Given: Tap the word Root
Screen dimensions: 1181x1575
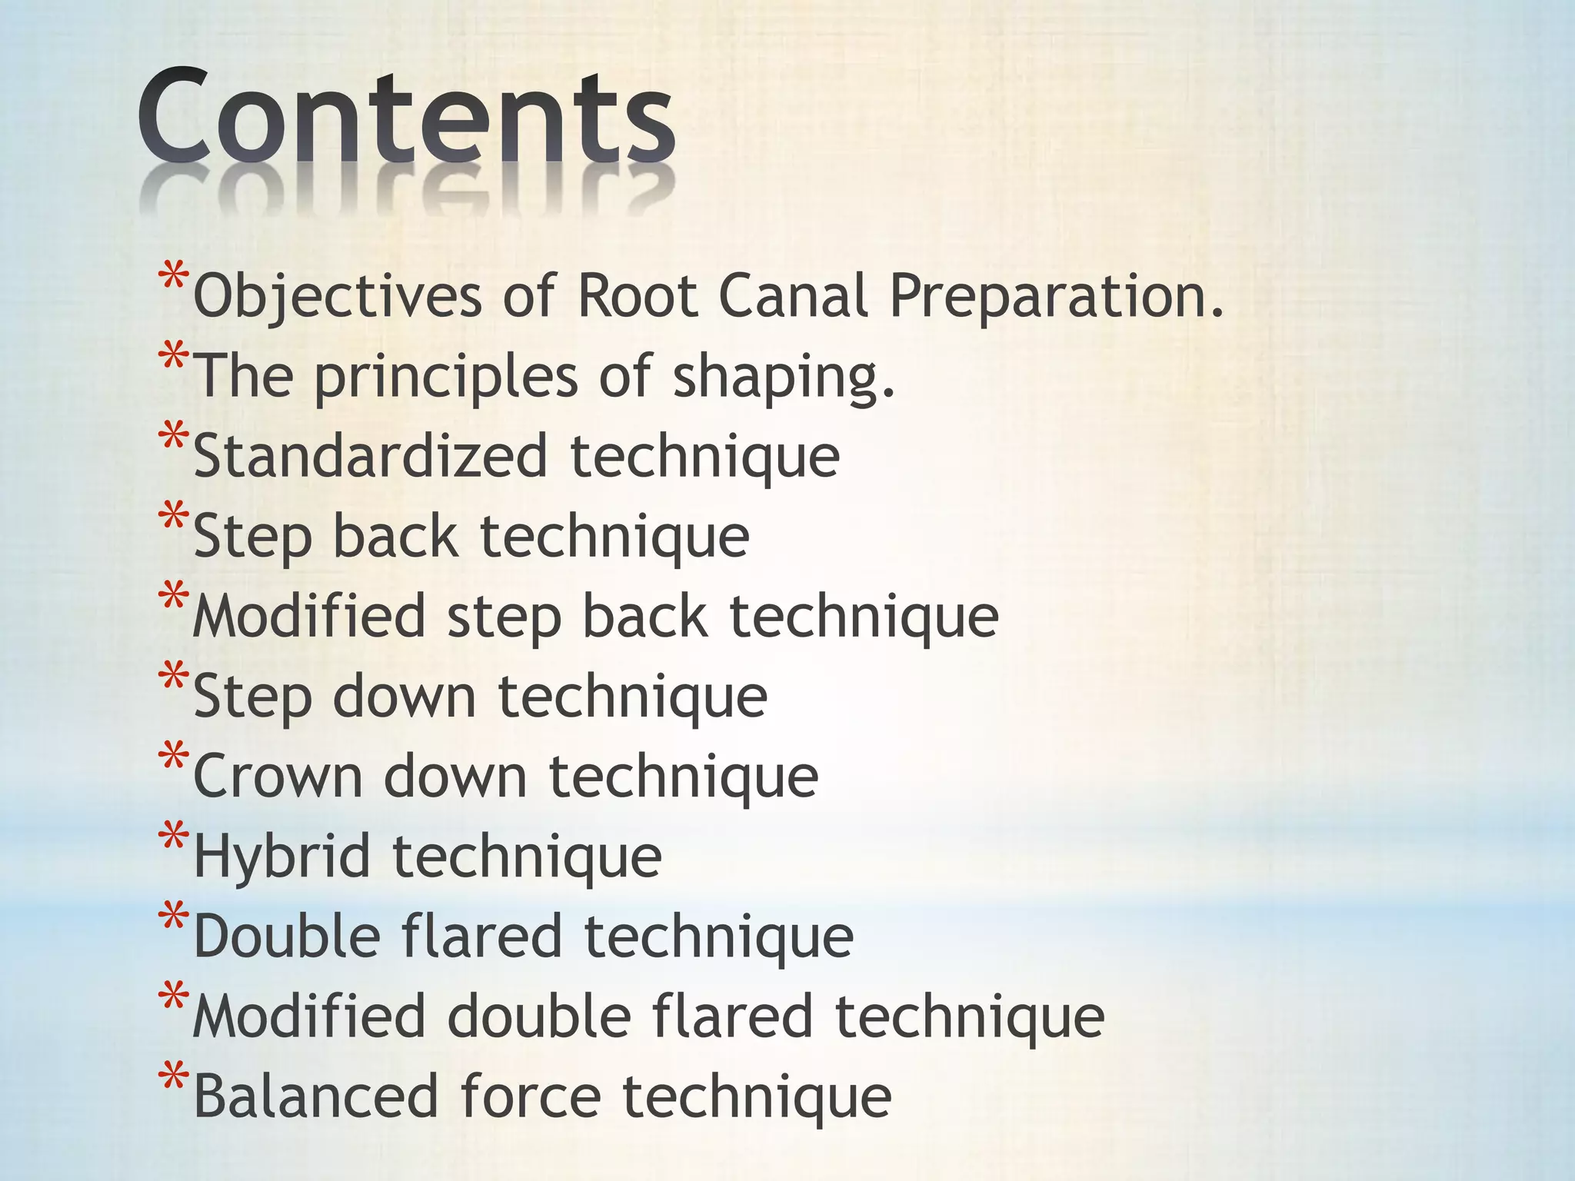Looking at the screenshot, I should [638, 296].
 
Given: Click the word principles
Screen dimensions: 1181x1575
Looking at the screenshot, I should [446, 377].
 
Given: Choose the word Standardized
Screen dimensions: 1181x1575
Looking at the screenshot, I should [370, 456].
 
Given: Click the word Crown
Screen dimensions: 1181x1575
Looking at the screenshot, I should [278, 777].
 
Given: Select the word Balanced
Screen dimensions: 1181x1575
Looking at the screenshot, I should [315, 1096].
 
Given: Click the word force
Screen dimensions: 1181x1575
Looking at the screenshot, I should [531, 1096].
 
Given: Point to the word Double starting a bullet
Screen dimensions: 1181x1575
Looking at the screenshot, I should [287, 936].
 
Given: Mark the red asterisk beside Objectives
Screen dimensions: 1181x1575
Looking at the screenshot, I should [173, 278].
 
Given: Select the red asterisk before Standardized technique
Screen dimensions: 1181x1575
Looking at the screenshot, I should [173, 437].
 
